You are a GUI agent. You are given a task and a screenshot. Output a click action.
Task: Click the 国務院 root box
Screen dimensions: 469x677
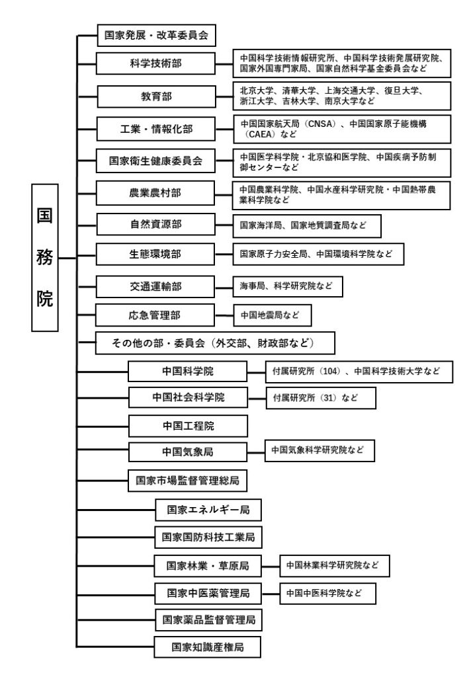click(45, 258)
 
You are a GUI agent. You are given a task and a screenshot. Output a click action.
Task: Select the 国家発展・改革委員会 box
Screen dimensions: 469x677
click(156, 36)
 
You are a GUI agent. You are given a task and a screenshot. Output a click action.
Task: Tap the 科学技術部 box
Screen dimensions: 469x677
click(155, 63)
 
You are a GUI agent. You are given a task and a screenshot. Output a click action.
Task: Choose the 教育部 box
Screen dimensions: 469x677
click(156, 97)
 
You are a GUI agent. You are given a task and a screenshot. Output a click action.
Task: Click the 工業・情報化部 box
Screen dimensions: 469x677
click(156, 129)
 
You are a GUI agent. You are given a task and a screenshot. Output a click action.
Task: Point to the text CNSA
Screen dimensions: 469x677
click(321, 124)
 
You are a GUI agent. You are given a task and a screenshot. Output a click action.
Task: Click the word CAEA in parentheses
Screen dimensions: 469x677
click(261, 134)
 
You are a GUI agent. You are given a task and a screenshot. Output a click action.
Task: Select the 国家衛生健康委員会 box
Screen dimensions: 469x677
click(155, 161)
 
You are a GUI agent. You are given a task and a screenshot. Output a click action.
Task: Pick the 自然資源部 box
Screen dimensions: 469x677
click(156, 224)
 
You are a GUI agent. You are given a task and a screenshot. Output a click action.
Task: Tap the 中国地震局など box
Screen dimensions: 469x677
click(273, 315)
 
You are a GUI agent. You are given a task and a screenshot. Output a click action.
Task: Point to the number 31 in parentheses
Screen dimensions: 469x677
click(329, 397)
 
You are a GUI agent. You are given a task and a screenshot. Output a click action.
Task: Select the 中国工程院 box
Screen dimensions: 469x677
click(189, 426)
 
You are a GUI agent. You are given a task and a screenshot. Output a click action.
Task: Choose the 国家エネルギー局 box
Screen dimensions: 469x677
click(208, 510)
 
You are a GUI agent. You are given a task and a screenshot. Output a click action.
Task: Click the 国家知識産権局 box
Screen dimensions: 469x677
click(208, 647)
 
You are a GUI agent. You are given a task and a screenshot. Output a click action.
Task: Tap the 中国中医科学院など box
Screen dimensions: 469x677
click(328, 594)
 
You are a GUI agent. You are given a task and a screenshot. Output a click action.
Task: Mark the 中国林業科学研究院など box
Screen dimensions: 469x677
click(335, 566)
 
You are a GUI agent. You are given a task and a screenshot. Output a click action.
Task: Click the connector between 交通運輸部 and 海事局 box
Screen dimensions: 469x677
click(224, 287)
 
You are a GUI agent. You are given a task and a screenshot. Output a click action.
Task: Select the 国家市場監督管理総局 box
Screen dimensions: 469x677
click(187, 481)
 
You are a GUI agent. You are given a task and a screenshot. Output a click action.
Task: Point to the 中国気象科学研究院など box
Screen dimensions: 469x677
click(320, 451)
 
